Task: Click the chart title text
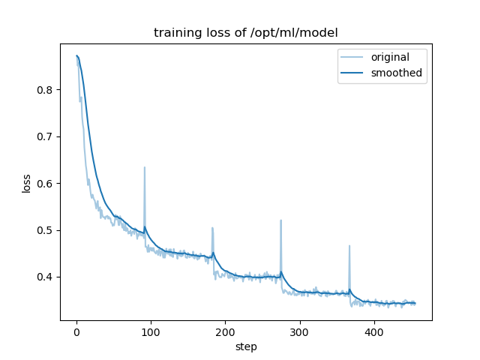(x=245, y=33)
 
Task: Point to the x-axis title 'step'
(x=246, y=346)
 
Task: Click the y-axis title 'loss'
(x=26, y=183)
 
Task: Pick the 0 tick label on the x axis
(x=76, y=332)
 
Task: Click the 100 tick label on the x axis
(x=151, y=332)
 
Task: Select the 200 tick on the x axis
(x=225, y=332)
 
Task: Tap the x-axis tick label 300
(x=299, y=332)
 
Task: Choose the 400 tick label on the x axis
(x=373, y=332)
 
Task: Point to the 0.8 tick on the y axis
(x=46, y=90)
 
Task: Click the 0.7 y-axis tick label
(x=46, y=136)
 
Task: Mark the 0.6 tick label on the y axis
(x=46, y=184)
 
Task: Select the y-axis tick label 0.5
(x=46, y=230)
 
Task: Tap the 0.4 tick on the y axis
(x=46, y=277)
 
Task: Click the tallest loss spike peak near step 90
(x=145, y=167)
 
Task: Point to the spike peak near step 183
(x=212, y=228)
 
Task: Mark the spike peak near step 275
(x=280, y=220)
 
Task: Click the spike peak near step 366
(x=349, y=246)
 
